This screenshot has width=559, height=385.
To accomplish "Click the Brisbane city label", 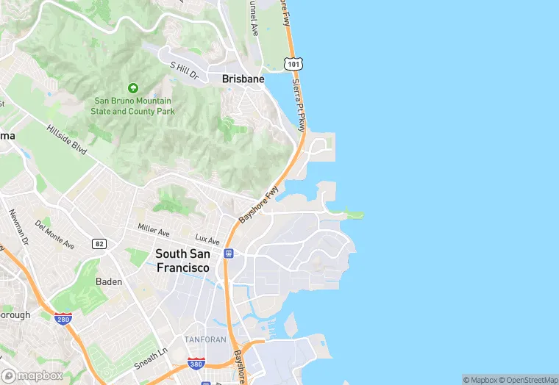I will (243, 79).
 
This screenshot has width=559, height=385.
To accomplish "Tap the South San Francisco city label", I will (182, 260).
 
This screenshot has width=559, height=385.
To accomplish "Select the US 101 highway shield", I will (295, 65).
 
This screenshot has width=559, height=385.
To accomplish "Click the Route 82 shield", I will (99, 243).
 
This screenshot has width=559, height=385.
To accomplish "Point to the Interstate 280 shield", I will (63, 318).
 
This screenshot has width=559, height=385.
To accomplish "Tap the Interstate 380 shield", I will (195, 364).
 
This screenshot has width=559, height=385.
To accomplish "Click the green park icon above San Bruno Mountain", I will (133, 88).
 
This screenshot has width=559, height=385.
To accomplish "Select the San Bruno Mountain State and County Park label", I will (133, 106).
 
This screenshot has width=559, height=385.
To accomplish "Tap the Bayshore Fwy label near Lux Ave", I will (259, 204).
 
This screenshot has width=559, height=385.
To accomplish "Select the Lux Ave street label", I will (207, 240).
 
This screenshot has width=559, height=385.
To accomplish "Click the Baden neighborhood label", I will (109, 281).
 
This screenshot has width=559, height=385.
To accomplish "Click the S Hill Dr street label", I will (185, 71).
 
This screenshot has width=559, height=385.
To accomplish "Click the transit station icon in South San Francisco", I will (229, 253).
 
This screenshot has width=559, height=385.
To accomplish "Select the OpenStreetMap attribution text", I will (529, 380).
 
